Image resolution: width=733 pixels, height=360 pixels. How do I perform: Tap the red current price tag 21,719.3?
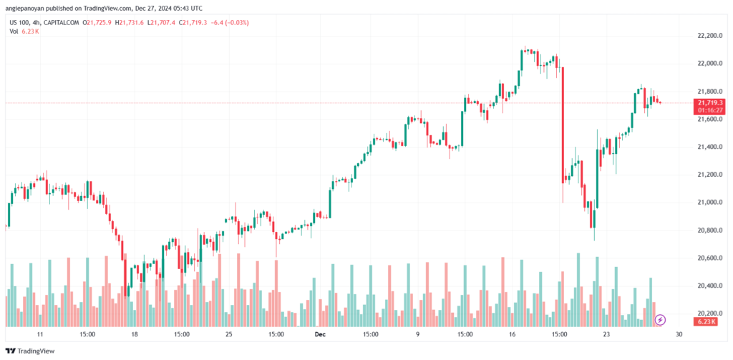coord(710,103)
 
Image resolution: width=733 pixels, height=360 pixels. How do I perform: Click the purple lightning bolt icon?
coord(661,320)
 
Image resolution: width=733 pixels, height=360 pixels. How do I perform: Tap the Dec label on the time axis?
coord(320,334)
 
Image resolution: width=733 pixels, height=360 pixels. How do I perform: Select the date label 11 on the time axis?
coord(40,334)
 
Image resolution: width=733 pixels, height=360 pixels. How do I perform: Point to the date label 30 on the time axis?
coord(679,334)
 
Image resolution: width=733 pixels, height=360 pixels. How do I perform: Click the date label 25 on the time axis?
coord(228,334)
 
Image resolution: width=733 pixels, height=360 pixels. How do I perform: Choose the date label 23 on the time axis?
coord(606,334)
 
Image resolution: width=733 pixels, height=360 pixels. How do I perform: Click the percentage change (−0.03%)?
coord(236,22)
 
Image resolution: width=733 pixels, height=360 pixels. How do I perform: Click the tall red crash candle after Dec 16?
coord(563,125)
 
